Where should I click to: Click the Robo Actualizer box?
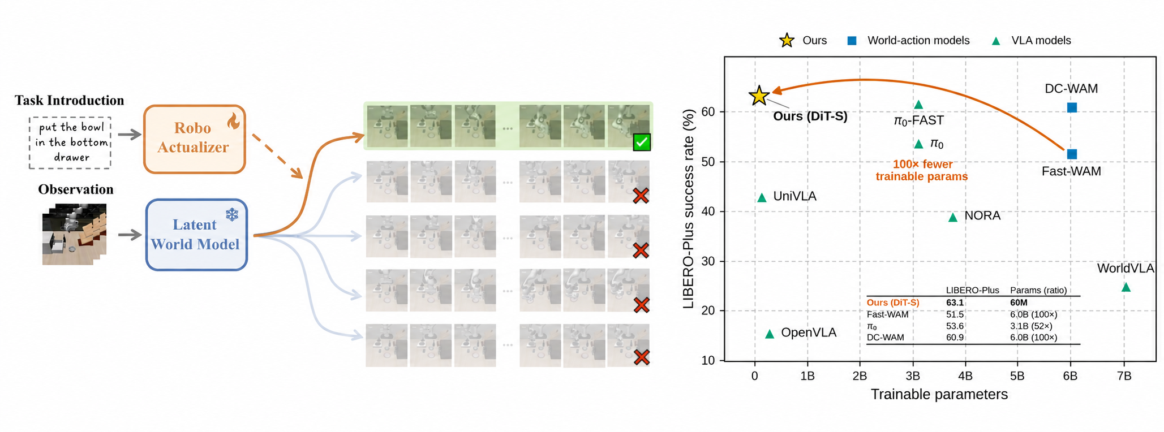coord(195,139)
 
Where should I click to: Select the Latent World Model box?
coord(196,235)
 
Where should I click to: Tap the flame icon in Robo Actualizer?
coord(233,120)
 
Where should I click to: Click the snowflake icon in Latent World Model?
coord(232,214)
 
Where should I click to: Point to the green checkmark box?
coord(642,142)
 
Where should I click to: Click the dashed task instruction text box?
coord(70,142)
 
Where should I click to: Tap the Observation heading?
coord(76,189)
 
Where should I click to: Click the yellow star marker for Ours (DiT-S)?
coord(759,96)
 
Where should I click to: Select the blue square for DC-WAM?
coord(1071,107)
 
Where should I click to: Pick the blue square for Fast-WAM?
coord(1071,154)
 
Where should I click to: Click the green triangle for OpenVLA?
coord(770,334)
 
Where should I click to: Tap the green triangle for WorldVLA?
coord(1126,287)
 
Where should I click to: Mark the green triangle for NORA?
coord(953,217)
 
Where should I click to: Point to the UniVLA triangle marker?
coord(762,197)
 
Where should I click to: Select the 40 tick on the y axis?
coord(708,211)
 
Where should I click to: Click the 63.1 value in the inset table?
coord(955,303)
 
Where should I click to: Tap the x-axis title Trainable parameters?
coord(939,394)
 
